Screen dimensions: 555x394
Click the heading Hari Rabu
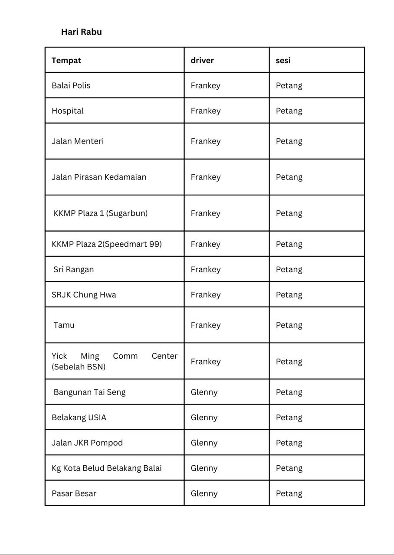click(81, 32)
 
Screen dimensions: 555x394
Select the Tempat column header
click(66, 60)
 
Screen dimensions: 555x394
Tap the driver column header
click(202, 60)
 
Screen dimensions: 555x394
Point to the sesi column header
click(283, 60)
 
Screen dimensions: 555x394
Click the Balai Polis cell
click(71, 85)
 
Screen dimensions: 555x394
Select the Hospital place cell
click(68, 111)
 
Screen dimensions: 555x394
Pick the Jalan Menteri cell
click(78, 141)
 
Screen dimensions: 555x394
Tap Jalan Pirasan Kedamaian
click(99, 177)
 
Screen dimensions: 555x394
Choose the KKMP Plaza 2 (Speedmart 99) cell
click(107, 244)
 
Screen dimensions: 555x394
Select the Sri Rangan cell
click(74, 269)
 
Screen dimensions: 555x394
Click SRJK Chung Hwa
click(84, 295)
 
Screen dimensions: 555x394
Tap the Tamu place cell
click(64, 325)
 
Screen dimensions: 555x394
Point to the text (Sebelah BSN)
click(79, 367)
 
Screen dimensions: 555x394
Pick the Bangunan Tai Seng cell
click(89, 392)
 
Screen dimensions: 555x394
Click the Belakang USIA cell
click(79, 418)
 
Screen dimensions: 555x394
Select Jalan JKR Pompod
click(87, 443)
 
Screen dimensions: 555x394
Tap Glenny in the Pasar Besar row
click(204, 493)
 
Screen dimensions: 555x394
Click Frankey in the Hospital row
click(205, 111)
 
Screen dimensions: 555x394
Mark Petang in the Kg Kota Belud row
click(289, 468)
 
